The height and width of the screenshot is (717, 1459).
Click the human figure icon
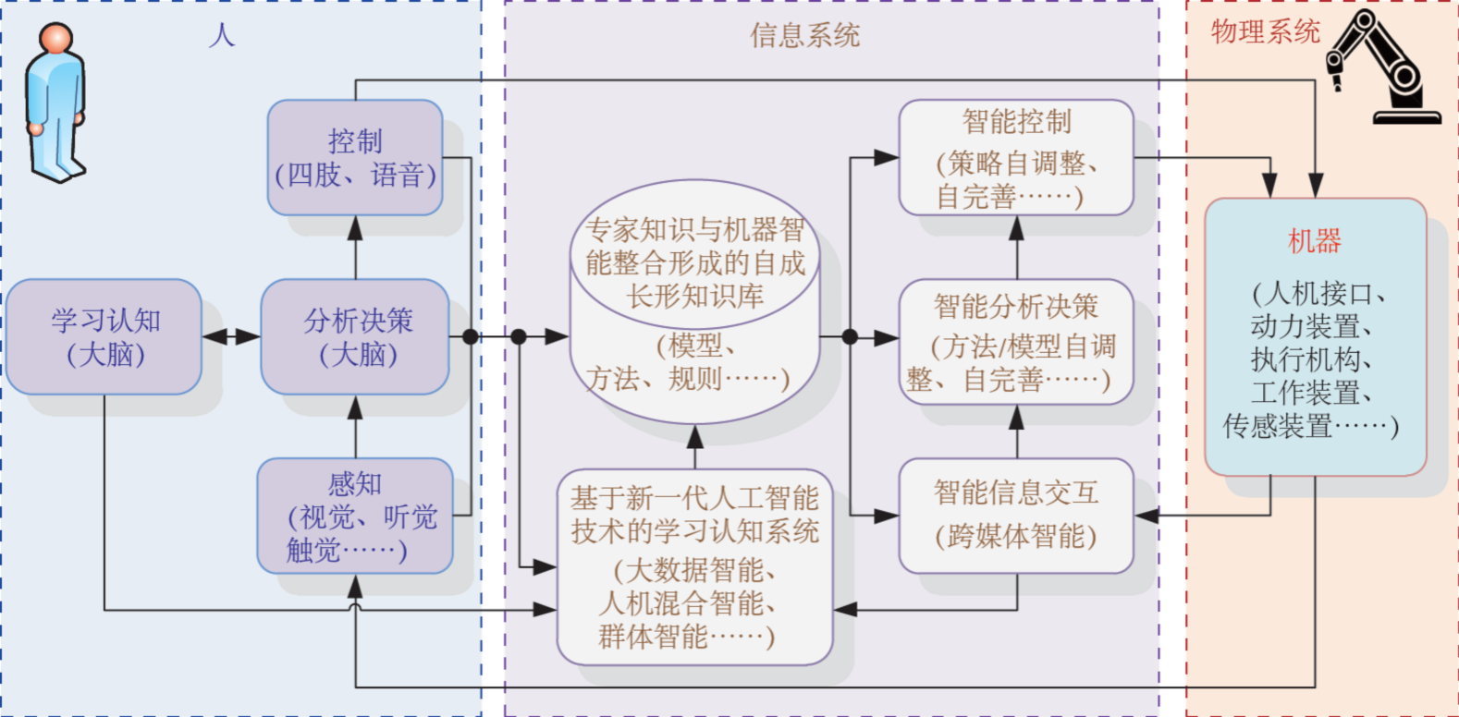[x=55, y=102]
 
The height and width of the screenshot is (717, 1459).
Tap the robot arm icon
[x=1383, y=67]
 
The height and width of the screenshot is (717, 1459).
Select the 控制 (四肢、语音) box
[x=355, y=158]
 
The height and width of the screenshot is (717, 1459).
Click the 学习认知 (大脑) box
[x=104, y=337]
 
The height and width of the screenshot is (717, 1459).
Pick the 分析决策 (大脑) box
[x=356, y=337]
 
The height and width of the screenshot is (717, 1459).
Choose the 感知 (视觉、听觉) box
[x=356, y=516]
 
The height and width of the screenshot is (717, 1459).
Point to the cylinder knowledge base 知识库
[x=694, y=305]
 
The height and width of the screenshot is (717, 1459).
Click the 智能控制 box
[x=1016, y=158]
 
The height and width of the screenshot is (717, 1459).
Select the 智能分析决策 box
[x=1016, y=342]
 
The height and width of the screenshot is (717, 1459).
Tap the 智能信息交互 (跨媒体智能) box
[x=1016, y=516]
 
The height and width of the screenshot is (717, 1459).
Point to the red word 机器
[x=1314, y=241]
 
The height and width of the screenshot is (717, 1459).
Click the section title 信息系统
[x=804, y=36]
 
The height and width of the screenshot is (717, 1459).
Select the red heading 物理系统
[x=1265, y=32]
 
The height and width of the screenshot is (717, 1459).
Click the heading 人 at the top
[x=222, y=36]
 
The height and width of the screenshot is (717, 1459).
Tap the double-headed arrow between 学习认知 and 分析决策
[x=231, y=337]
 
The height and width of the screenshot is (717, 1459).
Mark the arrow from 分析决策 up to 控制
[x=355, y=247]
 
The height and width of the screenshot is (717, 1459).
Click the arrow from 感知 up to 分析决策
[x=355, y=426]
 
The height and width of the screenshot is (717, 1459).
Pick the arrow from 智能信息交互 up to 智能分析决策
[x=1016, y=431]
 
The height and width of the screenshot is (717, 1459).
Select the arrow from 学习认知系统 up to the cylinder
[x=695, y=447]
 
